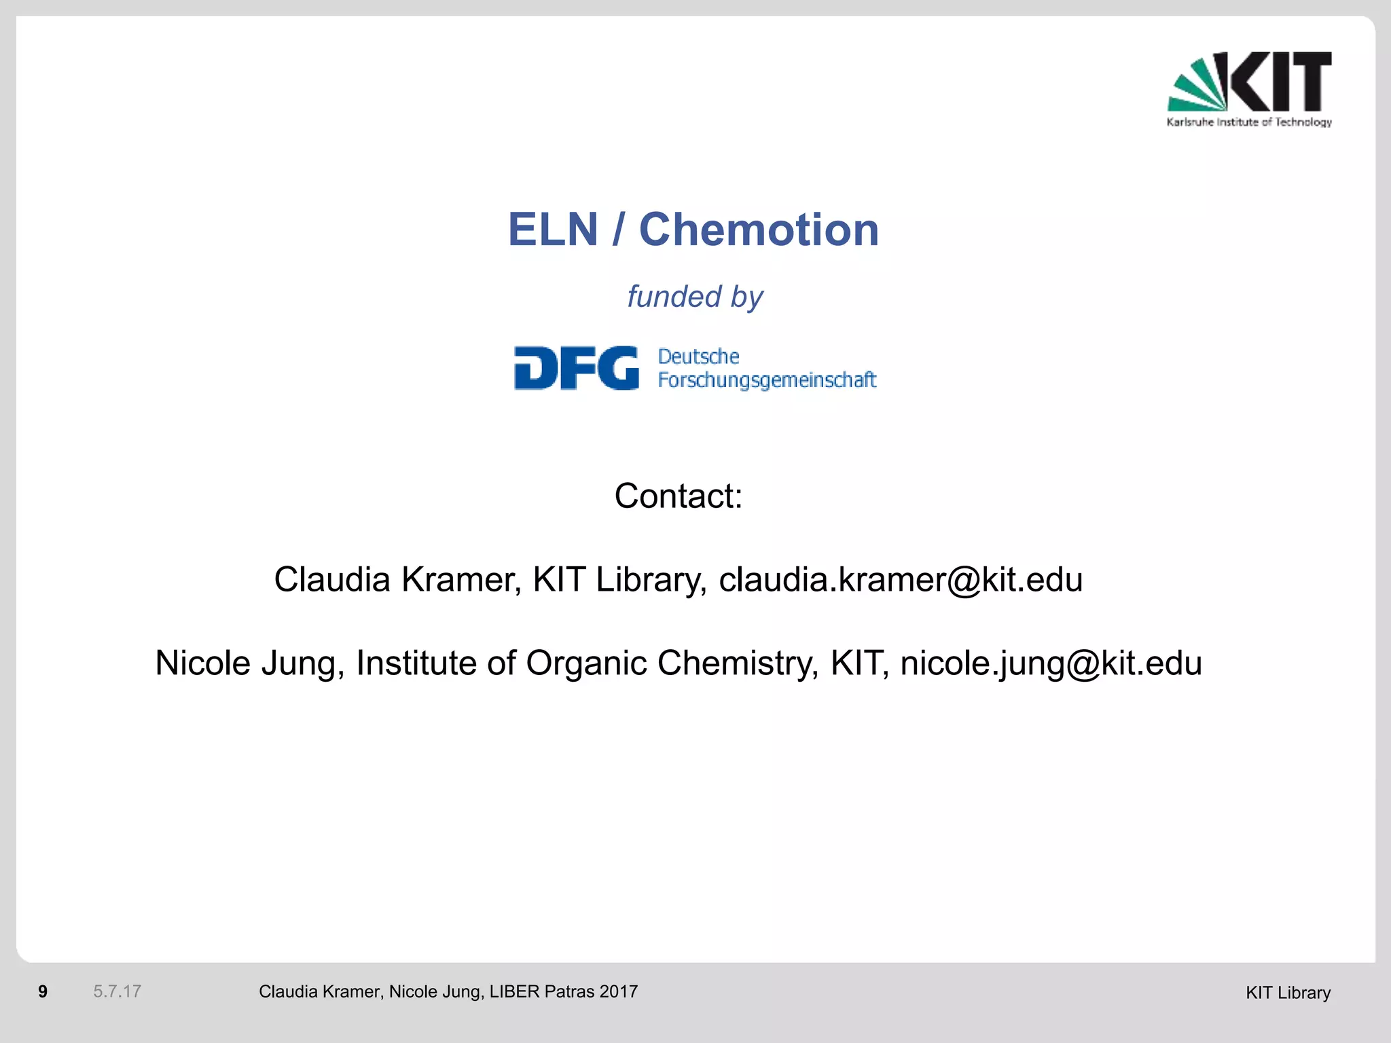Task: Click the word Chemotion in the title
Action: pos(759,230)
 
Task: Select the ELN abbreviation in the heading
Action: pos(553,230)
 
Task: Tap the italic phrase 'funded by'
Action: pos(695,297)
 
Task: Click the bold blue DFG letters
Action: pos(576,368)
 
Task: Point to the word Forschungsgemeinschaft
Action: pos(767,380)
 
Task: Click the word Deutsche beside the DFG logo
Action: pos(698,356)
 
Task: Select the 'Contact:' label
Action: pos(679,496)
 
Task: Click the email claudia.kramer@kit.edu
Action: pos(901,580)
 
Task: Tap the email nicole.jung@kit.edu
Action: pos(1051,663)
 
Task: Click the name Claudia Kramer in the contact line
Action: pos(397,580)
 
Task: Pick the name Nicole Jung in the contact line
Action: pos(249,663)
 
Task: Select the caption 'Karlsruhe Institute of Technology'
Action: pos(1249,122)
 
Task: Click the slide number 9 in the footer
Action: pos(43,992)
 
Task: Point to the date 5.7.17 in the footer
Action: pos(117,992)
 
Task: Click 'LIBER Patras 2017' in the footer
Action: pos(563,992)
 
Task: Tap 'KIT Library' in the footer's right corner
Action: pos(1288,993)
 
